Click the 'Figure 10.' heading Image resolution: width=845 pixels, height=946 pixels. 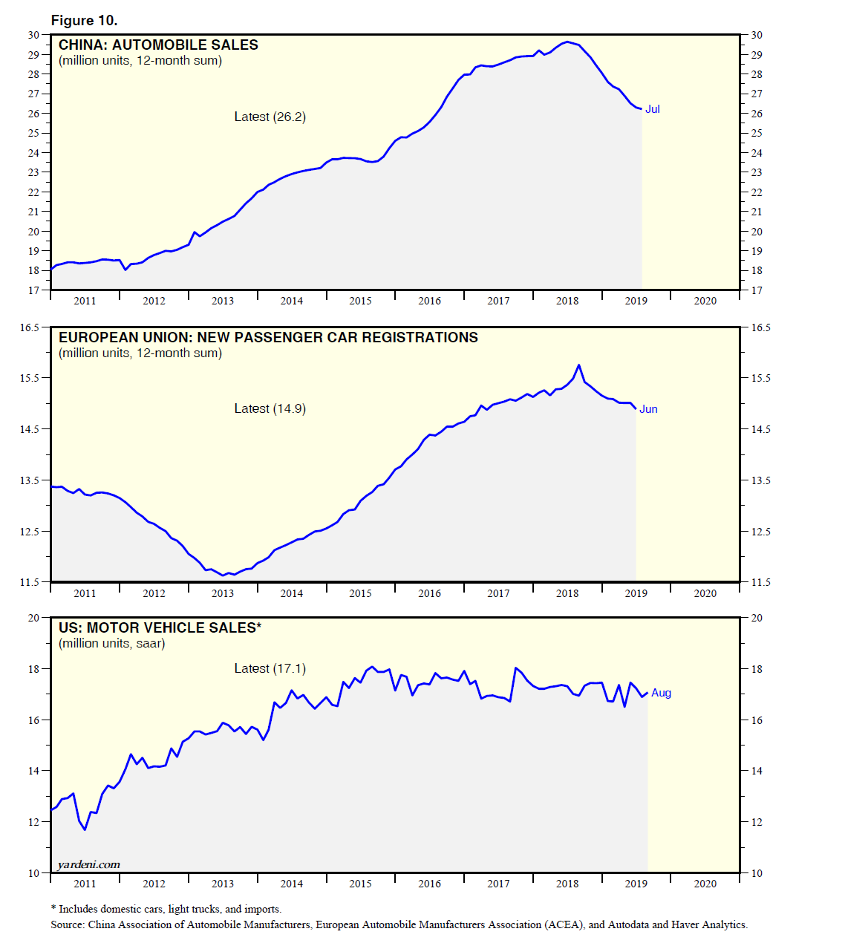84,20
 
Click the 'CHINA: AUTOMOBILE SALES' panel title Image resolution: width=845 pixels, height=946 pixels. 158,45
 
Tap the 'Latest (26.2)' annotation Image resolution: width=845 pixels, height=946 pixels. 270,117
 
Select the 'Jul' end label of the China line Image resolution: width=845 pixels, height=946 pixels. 652,109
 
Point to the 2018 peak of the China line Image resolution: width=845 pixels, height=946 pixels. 567,42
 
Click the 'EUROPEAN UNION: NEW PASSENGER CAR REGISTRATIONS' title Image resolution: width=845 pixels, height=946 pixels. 268,337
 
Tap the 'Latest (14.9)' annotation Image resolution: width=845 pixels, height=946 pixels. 270,408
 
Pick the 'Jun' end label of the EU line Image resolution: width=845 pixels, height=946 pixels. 648,409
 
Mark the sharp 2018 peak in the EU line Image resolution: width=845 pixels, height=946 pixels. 579,365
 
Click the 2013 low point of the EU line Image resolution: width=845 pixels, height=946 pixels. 224,575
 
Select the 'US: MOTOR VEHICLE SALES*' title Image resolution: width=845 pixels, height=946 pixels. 160,627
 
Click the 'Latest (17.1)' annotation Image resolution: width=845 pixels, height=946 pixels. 270,668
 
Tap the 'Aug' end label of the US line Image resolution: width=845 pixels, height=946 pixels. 661,693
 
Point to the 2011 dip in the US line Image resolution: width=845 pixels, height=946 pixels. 85,829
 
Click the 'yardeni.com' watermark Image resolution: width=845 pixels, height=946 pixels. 88,864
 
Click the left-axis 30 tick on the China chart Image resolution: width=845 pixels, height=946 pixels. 33,35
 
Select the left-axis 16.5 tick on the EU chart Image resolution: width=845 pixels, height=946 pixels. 30,327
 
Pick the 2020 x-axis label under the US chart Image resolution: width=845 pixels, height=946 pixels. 705,884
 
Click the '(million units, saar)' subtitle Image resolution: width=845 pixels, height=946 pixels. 112,643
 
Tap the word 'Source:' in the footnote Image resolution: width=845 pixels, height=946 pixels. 68,924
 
